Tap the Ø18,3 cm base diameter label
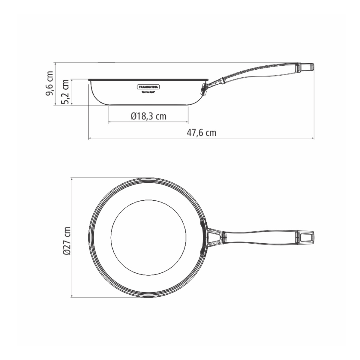pyautogui.click(x=148, y=116)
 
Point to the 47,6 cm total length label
pyautogui.click(x=201, y=133)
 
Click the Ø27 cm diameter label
pyautogui.click(x=66, y=241)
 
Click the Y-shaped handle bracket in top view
pyautogui.click(x=215, y=237)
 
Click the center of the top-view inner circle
pyautogui.click(x=148, y=237)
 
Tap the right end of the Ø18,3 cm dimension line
pyautogui.click(x=188, y=122)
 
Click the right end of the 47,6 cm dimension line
pyautogui.click(x=314, y=139)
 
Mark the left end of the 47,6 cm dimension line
pyautogui.click(x=88, y=139)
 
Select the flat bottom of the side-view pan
pyautogui.click(x=148, y=104)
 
